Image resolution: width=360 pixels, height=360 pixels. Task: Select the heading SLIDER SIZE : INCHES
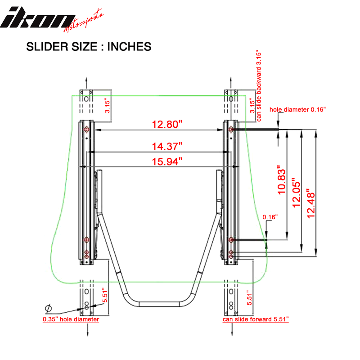89,46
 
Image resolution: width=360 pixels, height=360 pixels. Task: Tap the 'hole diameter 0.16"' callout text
297,109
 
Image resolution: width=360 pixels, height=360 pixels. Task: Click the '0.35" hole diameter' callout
71,319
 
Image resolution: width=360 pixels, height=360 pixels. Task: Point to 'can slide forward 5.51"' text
256,319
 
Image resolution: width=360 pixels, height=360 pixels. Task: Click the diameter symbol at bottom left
48,309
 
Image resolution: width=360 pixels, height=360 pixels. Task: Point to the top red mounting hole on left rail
87,130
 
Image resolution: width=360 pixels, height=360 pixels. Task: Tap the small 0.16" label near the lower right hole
270,217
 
